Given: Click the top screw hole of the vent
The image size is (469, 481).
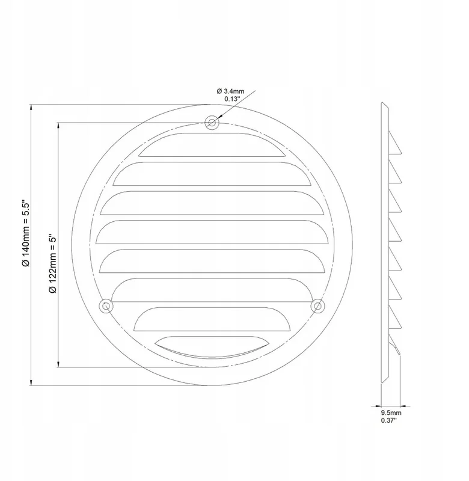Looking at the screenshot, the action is tap(212, 123).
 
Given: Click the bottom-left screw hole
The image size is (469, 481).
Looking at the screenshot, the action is tap(106, 306).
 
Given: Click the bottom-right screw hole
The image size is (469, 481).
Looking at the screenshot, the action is tap(318, 306).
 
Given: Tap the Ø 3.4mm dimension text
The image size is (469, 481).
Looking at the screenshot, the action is tap(230, 91).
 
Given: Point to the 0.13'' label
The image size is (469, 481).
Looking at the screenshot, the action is tap(231, 99).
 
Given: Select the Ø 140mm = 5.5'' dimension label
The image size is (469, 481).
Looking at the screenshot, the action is tap(26, 234).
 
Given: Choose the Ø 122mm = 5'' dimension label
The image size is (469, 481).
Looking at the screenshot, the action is tap(53, 264).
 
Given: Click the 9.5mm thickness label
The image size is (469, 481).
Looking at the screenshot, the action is tap(391, 413).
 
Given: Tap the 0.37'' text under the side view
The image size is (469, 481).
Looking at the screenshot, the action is tap(388, 420).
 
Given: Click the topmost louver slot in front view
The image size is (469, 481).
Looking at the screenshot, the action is tap(212, 146).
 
